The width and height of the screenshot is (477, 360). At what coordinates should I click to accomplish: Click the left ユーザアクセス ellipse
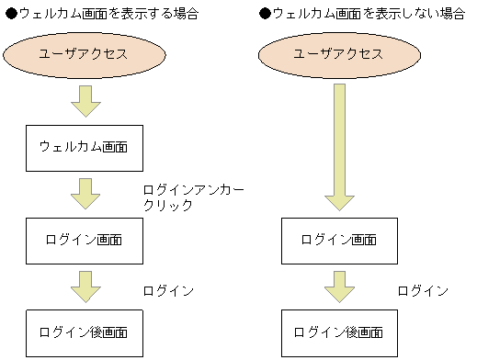(x=85, y=54)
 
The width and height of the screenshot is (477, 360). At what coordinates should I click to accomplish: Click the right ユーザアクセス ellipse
(x=339, y=54)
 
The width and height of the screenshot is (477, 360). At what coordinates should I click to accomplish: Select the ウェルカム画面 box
(x=85, y=148)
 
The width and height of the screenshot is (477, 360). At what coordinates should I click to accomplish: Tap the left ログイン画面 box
(x=85, y=241)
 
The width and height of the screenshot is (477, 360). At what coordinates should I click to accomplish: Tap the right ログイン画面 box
(x=339, y=241)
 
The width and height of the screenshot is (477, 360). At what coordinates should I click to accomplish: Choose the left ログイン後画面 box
(x=85, y=332)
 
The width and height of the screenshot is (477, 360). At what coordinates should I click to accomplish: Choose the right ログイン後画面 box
(x=339, y=332)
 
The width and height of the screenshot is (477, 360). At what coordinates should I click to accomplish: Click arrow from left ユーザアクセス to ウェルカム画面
(x=85, y=101)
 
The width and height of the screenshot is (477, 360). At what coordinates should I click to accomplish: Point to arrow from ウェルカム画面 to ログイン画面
(x=85, y=194)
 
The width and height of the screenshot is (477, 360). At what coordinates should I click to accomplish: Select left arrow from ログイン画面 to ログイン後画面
(x=85, y=287)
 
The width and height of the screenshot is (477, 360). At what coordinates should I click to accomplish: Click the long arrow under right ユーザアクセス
(x=339, y=147)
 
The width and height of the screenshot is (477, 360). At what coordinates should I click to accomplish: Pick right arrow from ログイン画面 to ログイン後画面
(x=339, y=287)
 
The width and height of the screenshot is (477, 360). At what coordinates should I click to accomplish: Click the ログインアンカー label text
(x=193, y=189)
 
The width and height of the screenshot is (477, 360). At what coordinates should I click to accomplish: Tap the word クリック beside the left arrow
(x=167, y=206)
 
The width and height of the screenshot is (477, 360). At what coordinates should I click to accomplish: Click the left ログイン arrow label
(x=167, y=291)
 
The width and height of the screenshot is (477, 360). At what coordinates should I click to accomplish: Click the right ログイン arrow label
(x=423, y=291)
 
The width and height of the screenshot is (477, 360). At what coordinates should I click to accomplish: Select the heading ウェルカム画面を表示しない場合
(x=368, y=15)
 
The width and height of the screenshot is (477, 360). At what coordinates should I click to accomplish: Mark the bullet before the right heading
(x=266, y=15)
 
